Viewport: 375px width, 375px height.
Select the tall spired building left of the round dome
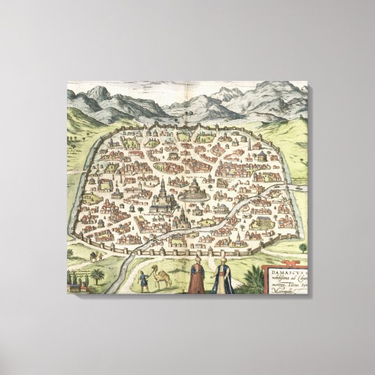pyautogui.click(x=164, y=189)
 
